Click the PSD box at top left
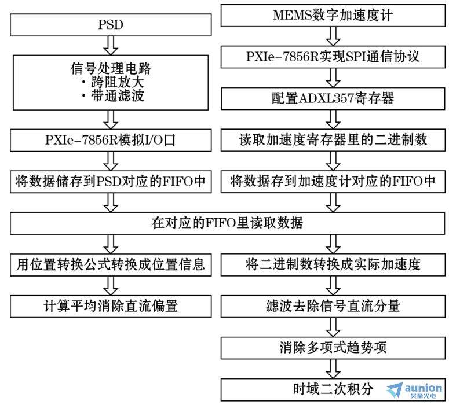(111, 25)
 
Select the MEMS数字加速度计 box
(333, 16)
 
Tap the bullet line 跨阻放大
(113, 82)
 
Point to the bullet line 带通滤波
(113, 95)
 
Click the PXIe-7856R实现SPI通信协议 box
(333, 57)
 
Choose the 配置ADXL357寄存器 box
(333, 98)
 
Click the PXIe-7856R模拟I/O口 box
(111, 140)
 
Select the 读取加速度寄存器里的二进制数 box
(333, 140)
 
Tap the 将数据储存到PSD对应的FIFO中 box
(111, 182)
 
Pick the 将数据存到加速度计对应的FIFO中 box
(333, 182)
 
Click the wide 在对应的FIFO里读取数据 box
(227, 223)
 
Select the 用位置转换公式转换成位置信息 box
(111, 265)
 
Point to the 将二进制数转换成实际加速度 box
(333, 265)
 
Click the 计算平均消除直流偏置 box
(111, 306)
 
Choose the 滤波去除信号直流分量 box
(333, 306)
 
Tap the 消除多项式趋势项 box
(333, 348)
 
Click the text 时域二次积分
(333, 389)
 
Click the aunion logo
(414, 391)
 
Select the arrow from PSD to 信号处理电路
(111, 46)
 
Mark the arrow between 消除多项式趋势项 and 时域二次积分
(333, 369)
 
